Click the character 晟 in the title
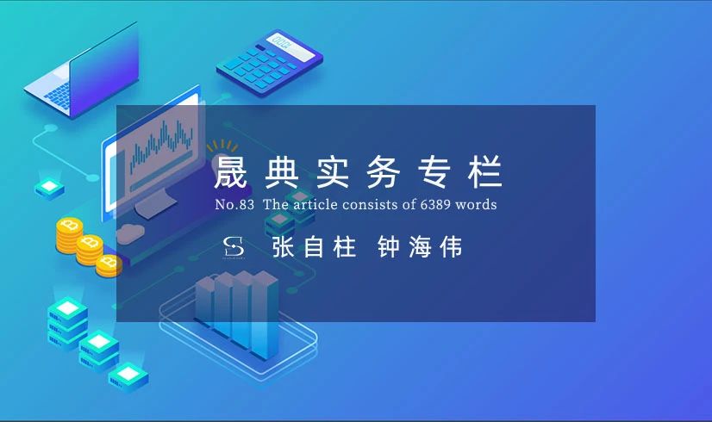click(x=231, y=171)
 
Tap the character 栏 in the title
click(x=485, y=171)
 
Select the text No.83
click(x=234, y=205)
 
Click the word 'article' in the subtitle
click(x=315, y=205)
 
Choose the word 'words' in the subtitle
click(x=476, y=205)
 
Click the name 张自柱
click(x=313, y=247)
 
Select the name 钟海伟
click(x=420, y=247)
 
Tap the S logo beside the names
click(x=234, y=247)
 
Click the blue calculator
click(x=269, y=63)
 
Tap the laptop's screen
click(x=104, y=68)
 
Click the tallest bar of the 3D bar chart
click(x=265, y=314)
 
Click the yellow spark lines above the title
click(x=222, y=146)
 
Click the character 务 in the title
click(x=384, y=171)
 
